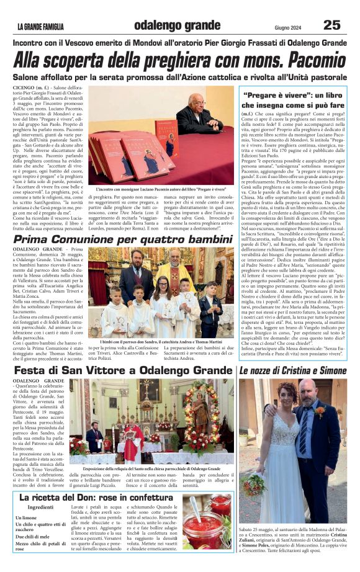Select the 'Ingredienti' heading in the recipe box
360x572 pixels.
(x=41, y=507)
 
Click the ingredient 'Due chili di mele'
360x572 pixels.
(x=38, y=535)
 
